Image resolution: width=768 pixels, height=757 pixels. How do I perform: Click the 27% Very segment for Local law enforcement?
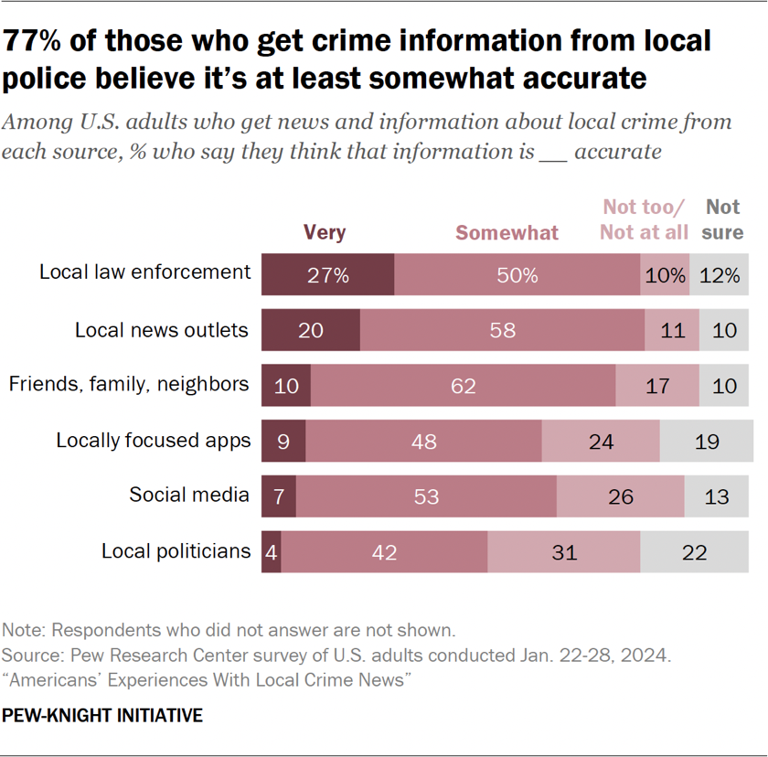pos(327,274)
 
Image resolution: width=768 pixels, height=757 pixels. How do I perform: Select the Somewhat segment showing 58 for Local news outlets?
pos(502,330)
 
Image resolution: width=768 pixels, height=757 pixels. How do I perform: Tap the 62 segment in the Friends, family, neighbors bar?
pos(463,386)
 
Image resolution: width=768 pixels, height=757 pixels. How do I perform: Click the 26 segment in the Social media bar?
pos(620,496)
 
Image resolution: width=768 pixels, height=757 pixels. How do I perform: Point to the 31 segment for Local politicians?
pos(563,552)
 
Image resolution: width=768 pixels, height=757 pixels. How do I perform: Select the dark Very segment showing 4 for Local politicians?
pos(272,552)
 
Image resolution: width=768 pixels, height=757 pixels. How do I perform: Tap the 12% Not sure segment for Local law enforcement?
pos(720,274)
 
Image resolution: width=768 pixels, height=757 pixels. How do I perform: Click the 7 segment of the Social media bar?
pos(279,496)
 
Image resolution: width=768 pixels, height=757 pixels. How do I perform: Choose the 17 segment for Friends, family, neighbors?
pos(657,386)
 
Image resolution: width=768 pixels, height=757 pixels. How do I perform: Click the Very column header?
pos(325,232)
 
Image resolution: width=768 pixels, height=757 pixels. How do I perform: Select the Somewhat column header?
pos(507,232)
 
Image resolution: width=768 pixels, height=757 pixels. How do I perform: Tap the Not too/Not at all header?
pos(644,219)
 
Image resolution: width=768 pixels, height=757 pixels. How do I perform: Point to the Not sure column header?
pos(722,219)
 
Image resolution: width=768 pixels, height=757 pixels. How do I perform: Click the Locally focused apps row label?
pos(153,440)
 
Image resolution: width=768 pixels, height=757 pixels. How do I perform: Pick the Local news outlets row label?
pos(161,329)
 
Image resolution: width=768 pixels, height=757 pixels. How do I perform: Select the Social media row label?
pos(188,495)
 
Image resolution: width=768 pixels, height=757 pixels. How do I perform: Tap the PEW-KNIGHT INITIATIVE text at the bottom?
pos(102,715)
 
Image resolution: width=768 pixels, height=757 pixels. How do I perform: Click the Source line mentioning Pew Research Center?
pos(337,656)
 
